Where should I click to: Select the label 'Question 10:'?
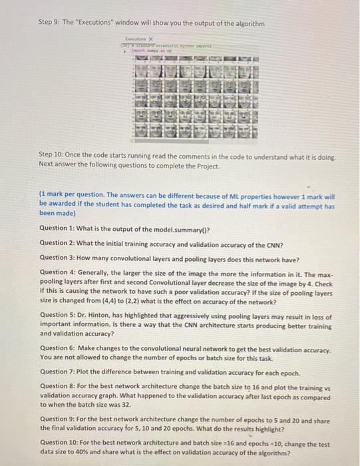[61, 442]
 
